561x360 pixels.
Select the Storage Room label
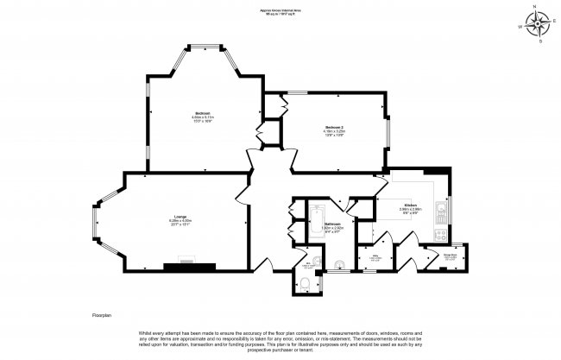[425, 255]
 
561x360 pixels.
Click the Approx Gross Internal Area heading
[280, 11]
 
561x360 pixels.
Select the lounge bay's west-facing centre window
[94, 219]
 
